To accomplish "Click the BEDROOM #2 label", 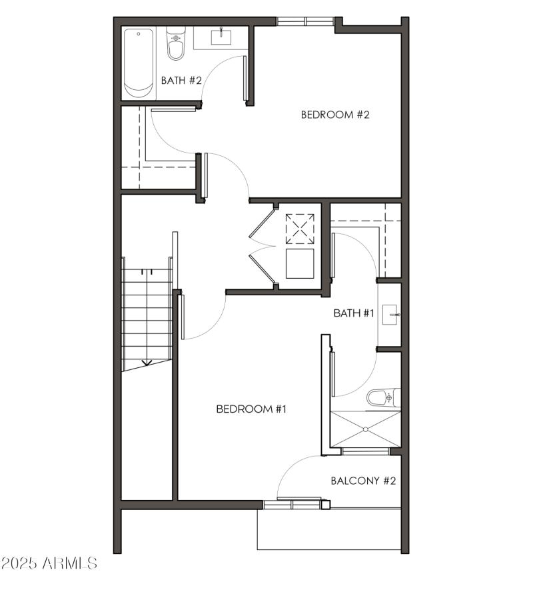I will tap(334, 114).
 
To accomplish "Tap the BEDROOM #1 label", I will tap(251, 409).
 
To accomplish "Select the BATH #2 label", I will tap(181, 81).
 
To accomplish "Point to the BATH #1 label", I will tap(354, 313).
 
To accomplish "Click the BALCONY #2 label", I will tap(364, 481).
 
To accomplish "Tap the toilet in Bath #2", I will tap(175, 43).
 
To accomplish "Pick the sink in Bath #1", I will tap(391, 313).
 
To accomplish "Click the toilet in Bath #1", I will tap(383, 398).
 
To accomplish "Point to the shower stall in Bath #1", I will tap(366, 429).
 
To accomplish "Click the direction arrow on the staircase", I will tap(147, 363).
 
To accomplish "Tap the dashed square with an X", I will tap(299, 229).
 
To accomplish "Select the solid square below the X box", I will tap(299, 263).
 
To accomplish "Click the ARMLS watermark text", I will tap(69, 564).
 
